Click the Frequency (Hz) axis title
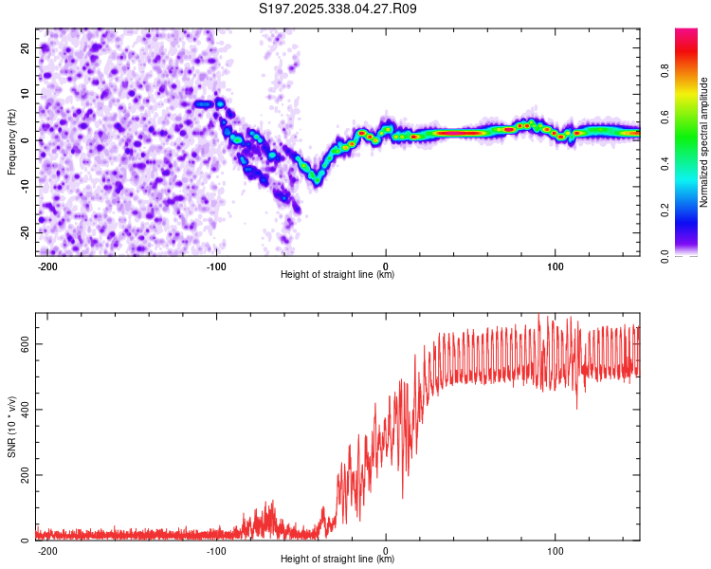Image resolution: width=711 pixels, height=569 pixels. click(x=11, y=140)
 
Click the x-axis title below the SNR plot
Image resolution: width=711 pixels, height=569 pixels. click(x=337, y=560)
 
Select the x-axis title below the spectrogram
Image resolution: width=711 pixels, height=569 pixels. click(x=337, y=275)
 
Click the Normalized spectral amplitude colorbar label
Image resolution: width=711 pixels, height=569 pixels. click(x=704, y=142)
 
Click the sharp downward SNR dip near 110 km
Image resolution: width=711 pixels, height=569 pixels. click(x=576, y=408)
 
